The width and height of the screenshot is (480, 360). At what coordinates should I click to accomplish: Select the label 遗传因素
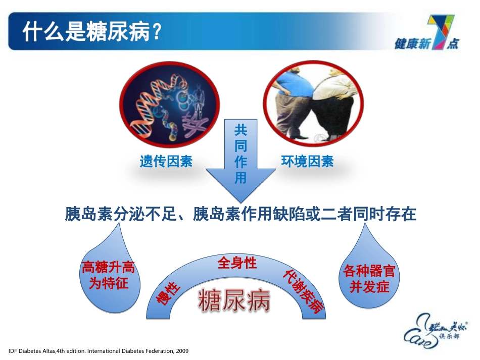166,162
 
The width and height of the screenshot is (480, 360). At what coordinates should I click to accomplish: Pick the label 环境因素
307,162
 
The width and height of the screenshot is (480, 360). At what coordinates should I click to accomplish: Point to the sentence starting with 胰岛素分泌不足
241,215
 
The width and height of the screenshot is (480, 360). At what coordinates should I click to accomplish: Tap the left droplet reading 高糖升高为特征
108,275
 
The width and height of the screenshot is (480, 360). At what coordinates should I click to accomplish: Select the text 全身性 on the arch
237,263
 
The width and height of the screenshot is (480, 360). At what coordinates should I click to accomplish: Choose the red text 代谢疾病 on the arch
303,290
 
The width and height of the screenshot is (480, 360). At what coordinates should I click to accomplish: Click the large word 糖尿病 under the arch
233,301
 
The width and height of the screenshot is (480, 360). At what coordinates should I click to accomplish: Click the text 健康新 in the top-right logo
412,44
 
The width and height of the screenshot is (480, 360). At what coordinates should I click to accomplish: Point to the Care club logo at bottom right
435,328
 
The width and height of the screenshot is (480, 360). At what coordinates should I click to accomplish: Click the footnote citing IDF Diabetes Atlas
99,350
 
